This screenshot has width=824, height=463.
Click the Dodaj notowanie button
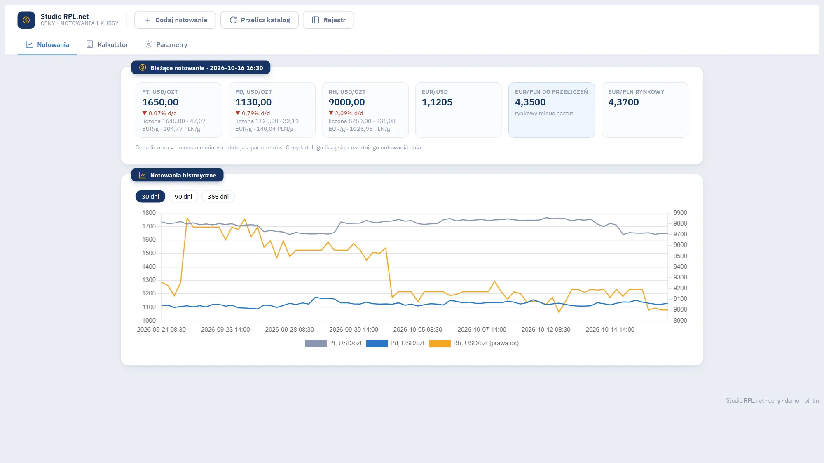[175, 20]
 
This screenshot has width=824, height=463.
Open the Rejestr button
[328, 20]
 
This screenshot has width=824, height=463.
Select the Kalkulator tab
[107, 44]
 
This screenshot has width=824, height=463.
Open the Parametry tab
[166, 44]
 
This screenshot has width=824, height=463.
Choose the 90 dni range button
[183, 197]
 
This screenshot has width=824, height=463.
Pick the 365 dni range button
[218, 197]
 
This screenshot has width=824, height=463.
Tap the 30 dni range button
[150, 197]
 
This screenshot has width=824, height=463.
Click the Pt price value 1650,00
[160, 102]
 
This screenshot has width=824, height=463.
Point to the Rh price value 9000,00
[346, 102]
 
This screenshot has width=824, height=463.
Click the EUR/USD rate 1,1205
[437, 102]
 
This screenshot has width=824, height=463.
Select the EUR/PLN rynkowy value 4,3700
[623, 102]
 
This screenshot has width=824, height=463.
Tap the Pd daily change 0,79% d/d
[253, 113]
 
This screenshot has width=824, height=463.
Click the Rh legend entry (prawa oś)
[474, 343]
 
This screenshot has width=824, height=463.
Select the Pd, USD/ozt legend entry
[395, 343]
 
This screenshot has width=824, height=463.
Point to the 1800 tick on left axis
[149, 213]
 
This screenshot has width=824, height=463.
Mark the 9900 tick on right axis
[680, 213]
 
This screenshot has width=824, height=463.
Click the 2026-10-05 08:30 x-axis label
[417, 330]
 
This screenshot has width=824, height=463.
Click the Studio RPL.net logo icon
[26, 20]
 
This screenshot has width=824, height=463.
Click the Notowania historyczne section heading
[177, 175]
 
